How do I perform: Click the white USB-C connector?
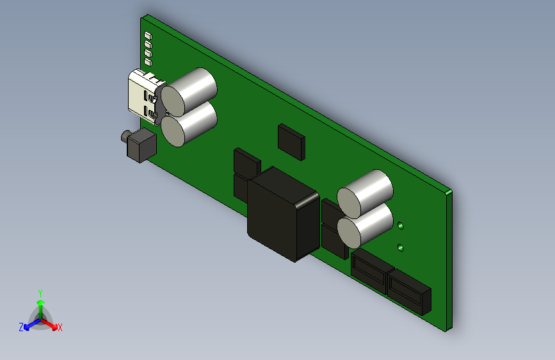pyautogui.click(x=142, y=96)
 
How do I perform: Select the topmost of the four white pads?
pyautogui.click(x=148, y=35)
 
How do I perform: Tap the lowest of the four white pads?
pyautogui.click(x=149, y=63)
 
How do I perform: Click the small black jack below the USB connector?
pyautogui.click(x=138, y=145)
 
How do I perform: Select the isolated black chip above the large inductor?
pyautogui.click(x=291, y=142)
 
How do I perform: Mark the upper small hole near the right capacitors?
pyautogui.click(x=401, y=225)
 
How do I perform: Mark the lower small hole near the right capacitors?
pyautogui.click(x=401, y=247)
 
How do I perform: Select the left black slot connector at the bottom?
pyautogui.click(x=369, y=270)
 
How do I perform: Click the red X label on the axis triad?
pyautogui.click(x=60, y=327)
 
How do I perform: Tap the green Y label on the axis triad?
pyautogui.click(x=40, y=292)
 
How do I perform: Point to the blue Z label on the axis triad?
pyautogui.click(x=21, y=327)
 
